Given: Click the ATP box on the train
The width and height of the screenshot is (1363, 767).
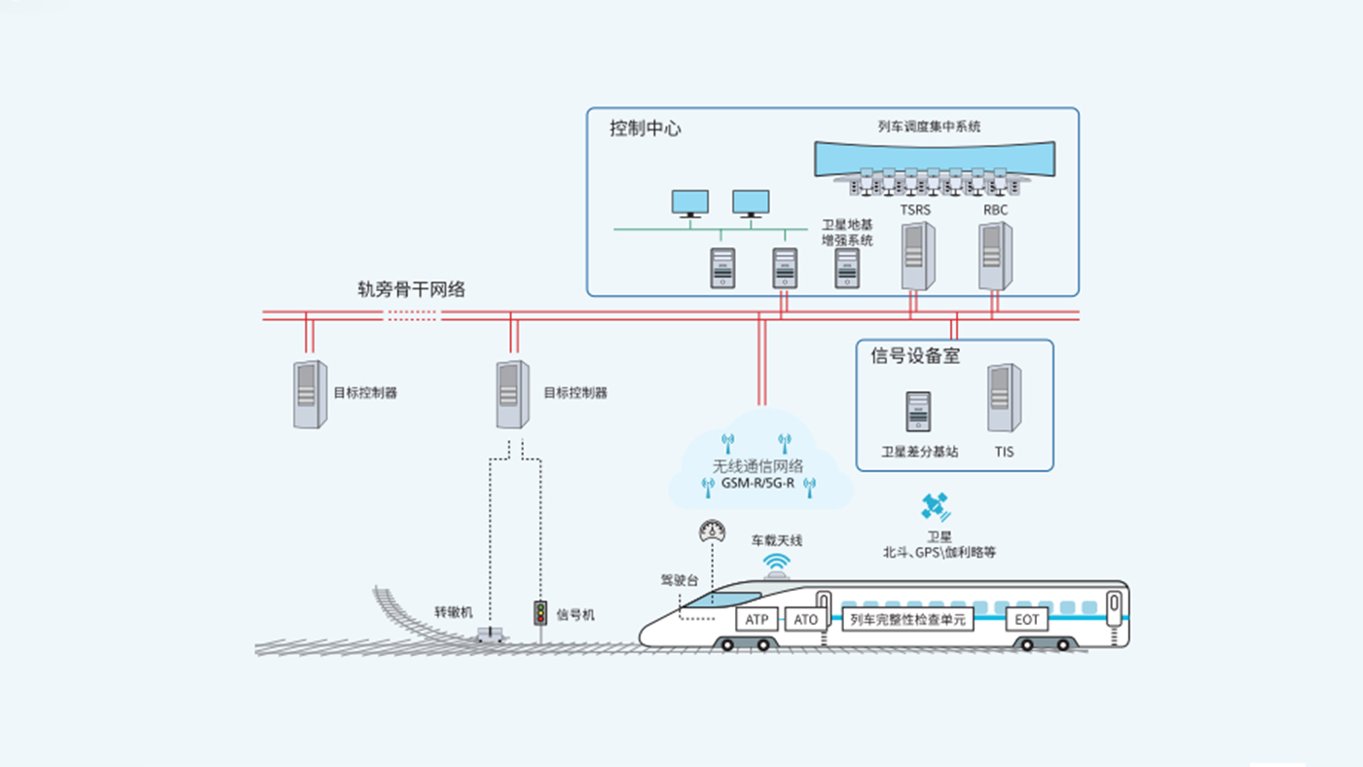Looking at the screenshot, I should [x=756, y=619].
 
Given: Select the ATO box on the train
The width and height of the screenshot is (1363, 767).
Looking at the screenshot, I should [x=806, y=619].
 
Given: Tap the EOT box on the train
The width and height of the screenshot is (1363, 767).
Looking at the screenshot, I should [x=1027, y=619].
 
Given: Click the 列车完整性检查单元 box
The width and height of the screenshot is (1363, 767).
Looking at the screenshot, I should [x=906, y=619].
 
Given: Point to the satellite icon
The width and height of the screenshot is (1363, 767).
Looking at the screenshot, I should [x=936, y=506].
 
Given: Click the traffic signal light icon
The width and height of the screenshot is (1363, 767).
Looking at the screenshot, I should [x=539, y=613].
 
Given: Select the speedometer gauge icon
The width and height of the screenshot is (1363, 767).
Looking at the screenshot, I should [x=713, y=531].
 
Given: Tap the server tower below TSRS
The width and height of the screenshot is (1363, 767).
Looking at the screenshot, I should [x=916, y=256].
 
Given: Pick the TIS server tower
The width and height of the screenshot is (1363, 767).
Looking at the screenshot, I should [x=1004, y=398].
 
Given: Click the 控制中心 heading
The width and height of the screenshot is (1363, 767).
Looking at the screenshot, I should [x=645, y=128].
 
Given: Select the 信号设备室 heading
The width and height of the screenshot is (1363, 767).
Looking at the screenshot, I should [x=915, y=356].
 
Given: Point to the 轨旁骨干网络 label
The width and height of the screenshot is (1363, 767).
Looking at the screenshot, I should [x=411, y=289].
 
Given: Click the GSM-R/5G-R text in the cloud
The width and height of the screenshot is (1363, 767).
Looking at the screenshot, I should [x=757, y=483].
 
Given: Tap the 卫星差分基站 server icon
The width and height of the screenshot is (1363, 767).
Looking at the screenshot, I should [x=918, y=412].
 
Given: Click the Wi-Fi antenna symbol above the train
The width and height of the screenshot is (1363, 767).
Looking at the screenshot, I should [x=776, y=562].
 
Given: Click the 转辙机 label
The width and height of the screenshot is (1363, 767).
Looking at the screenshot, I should [x=453, y=613].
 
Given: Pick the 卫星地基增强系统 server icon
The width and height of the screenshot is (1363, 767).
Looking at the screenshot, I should [x=847, y=268].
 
